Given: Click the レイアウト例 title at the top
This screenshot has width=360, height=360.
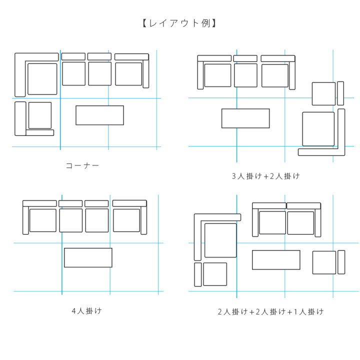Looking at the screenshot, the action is click(179, 23).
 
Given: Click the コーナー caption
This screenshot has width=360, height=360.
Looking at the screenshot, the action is click(82, 165).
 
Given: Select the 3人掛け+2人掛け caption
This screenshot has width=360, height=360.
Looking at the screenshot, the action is click(265, 176).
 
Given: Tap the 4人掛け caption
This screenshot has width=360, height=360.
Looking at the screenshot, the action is click(86, 311).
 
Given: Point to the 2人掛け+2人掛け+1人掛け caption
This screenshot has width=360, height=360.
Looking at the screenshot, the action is click(270, 312).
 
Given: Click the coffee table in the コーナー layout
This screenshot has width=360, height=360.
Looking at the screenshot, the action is click(99, 115).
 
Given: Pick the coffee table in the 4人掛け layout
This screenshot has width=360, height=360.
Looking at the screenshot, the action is click(88, 257).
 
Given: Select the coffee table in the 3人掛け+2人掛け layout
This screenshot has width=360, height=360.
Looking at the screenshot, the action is click(245, 118).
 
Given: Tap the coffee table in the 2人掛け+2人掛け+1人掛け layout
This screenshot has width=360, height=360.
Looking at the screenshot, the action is click(276, 260).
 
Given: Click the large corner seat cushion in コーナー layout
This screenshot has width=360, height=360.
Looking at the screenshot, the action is click(42, 79).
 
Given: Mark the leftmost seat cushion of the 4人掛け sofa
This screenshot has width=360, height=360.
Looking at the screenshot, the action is click(43, 220).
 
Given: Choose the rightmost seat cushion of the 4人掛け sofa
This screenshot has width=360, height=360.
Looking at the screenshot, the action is click(126, 220).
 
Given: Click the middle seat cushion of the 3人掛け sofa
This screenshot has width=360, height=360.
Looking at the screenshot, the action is click(245, 75).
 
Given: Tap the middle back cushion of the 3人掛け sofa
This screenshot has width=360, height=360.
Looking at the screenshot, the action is click(245, 58).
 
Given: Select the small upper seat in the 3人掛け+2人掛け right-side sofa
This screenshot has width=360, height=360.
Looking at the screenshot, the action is click(323, 93).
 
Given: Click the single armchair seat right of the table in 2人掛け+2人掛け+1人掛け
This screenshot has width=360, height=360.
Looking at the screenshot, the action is click(324, 262).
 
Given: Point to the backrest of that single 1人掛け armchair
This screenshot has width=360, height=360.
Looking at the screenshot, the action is click(341, 262).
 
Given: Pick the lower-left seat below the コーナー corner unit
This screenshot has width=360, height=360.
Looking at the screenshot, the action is click(40, 115).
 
